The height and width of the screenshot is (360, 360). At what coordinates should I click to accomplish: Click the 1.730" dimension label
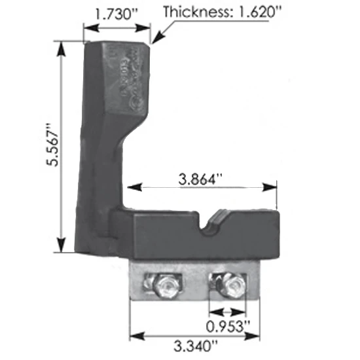pyautogui.click(x=117, y=13)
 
